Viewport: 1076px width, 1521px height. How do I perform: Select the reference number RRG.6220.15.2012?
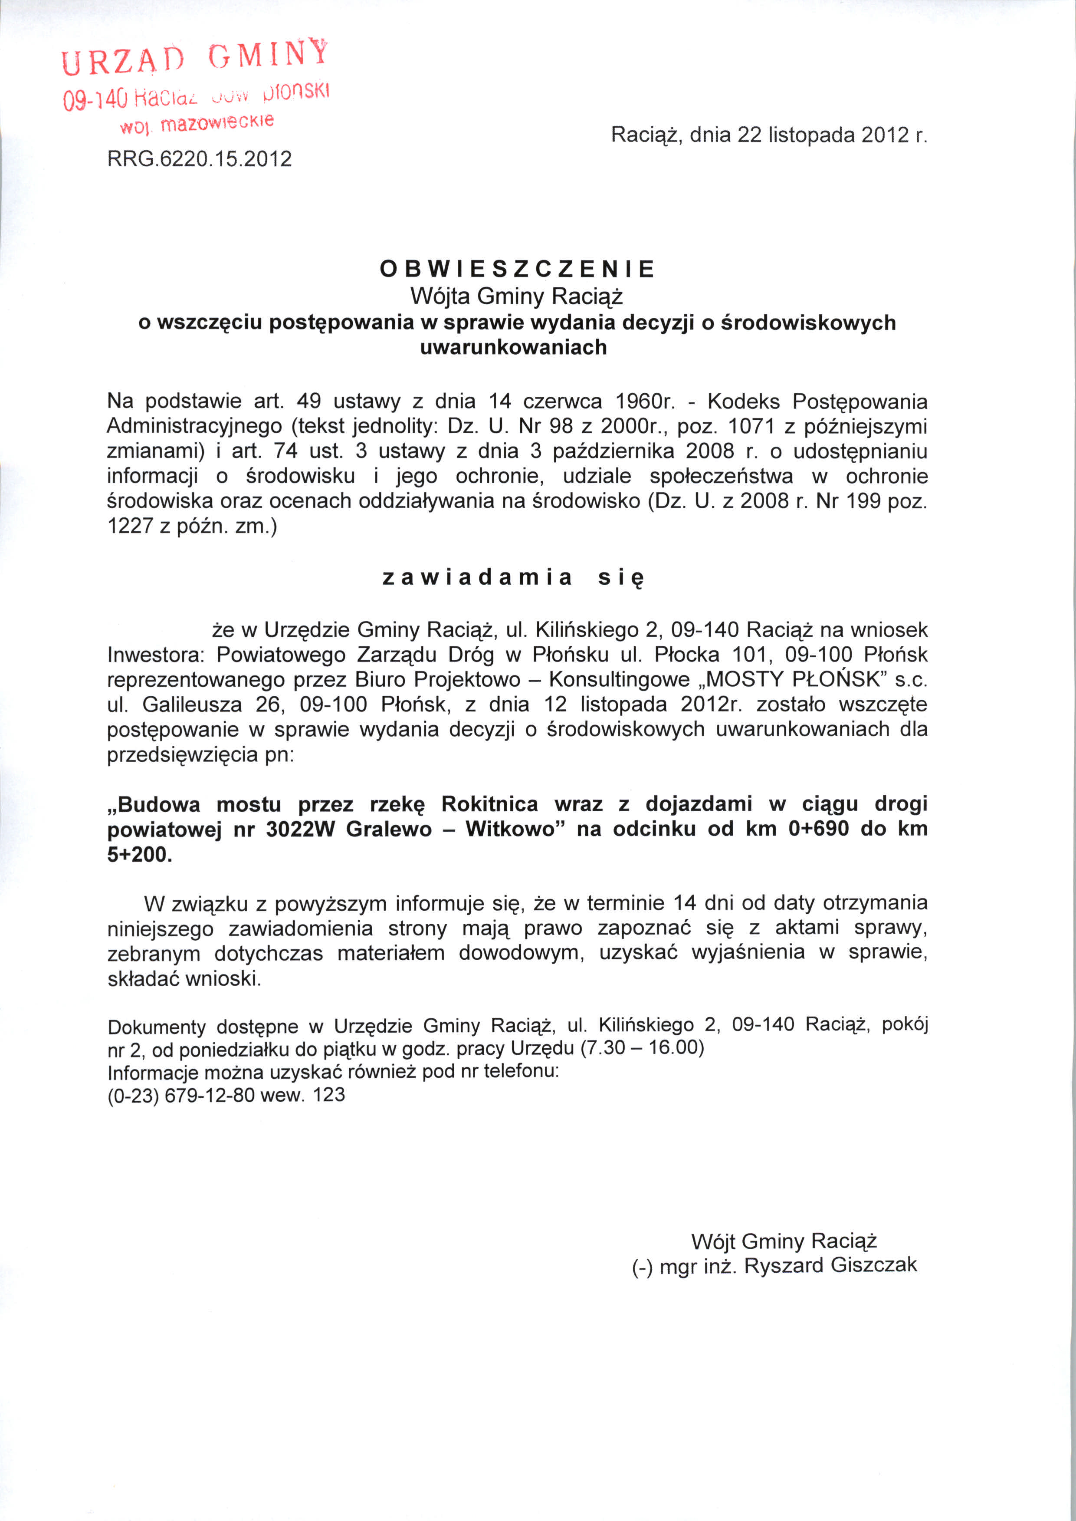pos(200,159)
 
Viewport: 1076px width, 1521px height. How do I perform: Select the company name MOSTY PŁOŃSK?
pos(796,680)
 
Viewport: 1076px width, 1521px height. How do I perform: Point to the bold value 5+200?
pos(139,855)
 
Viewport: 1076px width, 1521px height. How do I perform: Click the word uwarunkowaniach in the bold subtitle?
pos(513,347)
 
